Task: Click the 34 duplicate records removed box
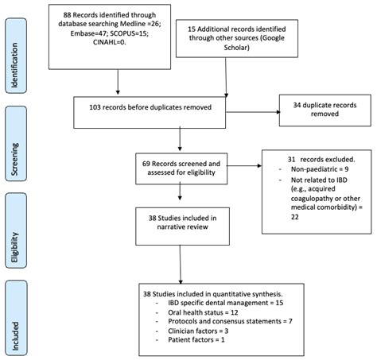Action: pyautogui.click(x=321, y=108)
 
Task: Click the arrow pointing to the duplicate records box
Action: pyautogui.click(x=261, y=109)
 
